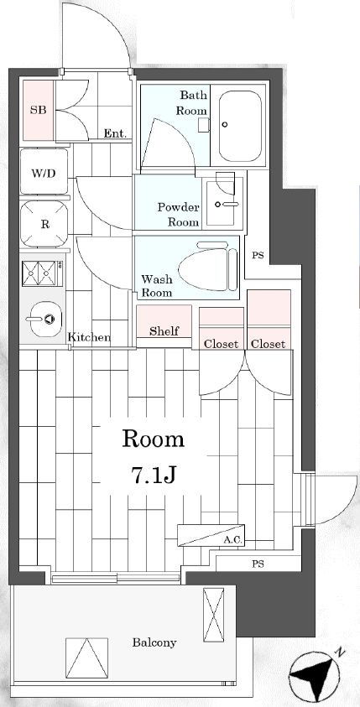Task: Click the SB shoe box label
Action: (x=39, y=110)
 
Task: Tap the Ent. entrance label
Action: (x=115, y=133)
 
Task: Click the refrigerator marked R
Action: (x=44, y=224)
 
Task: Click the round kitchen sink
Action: (x=45, y=319)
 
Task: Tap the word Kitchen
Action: (x=89, y=337)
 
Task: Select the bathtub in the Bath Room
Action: (x=240, y=126)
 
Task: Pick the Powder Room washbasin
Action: (x=223, y=202)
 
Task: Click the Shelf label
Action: (x=164, y=331)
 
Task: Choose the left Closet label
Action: (x=221, y=344)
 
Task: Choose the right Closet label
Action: (x=268, y=344)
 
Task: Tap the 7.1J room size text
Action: (x=154, y=475)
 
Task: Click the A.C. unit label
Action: (x=232, y=540)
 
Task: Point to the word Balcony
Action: (x=154, y=642)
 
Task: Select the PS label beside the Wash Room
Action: (x=258, y=256)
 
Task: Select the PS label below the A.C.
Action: (x=258, y=564)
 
